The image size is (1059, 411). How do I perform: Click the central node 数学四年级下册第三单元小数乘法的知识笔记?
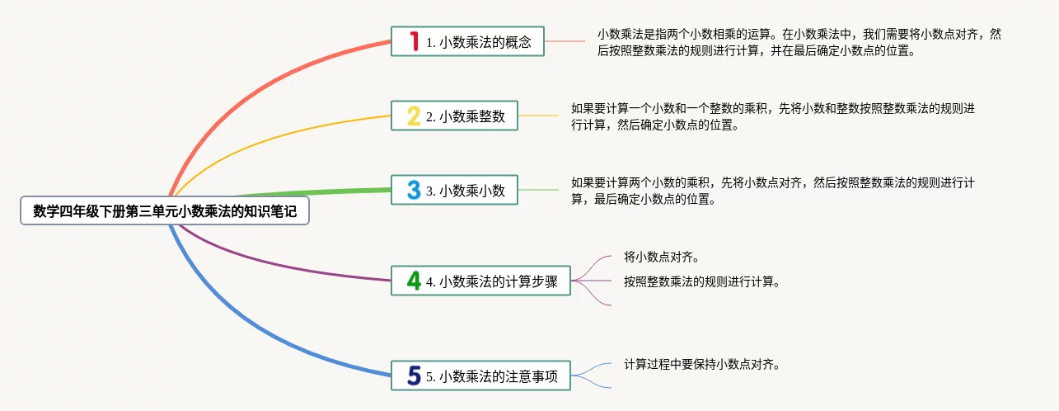pos(165,211)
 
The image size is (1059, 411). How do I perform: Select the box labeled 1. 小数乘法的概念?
pos(467,41)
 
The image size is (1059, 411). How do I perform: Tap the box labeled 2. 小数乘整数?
pos(454,116)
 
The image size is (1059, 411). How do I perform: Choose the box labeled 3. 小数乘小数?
pos(454,191)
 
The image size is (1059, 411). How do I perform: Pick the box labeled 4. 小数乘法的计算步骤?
pos(480,281)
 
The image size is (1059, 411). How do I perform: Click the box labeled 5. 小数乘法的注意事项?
pos(480,376)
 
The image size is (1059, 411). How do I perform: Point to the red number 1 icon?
pos(414,40)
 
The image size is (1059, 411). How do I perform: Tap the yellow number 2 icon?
pos(414,116)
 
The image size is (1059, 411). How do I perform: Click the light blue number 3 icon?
pos(414,191)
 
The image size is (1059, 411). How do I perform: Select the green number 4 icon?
pos(414,281)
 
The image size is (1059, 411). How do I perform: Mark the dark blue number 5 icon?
pos(414,376)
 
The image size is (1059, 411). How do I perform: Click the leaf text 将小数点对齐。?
pos(662,257)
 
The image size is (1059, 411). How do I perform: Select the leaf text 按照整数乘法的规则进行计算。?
pos(701,281)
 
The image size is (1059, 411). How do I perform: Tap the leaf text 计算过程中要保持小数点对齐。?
pos(701,364)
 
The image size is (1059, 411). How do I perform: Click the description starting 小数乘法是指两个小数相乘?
pos(799,42)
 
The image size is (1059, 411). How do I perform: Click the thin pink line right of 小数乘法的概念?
pos(565,41)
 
